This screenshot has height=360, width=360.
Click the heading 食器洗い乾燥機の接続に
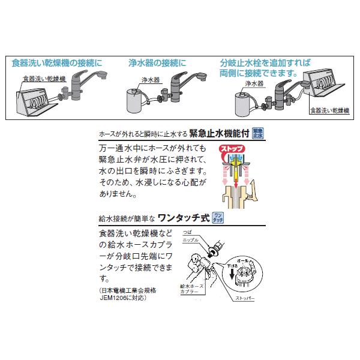[x=57, y=62]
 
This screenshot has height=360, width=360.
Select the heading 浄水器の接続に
[x=157, y=62]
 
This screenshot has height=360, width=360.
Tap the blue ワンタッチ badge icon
[x=218, y=218]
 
